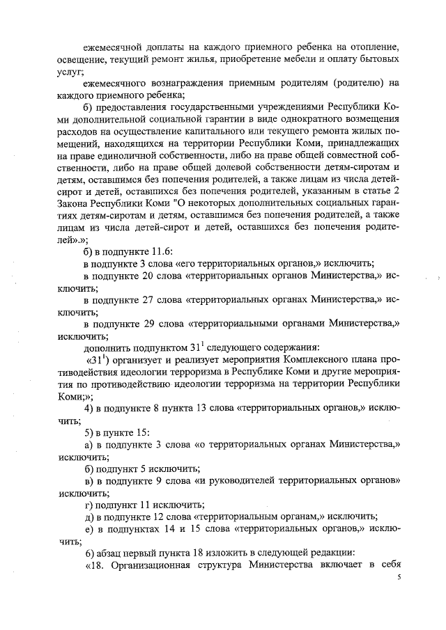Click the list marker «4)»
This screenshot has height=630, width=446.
(x=89, y=408)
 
